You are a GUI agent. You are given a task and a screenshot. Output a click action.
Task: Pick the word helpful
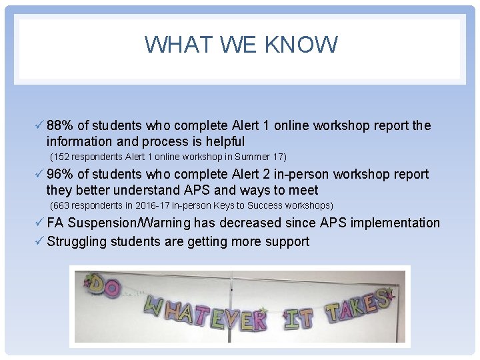[x=224, y=141]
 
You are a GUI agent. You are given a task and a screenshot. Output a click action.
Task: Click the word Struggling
[x=77, y=241]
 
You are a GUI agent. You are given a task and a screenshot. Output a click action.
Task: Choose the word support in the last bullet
[x=285, y=241]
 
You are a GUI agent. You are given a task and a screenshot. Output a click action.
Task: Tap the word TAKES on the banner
[x=357, y=306]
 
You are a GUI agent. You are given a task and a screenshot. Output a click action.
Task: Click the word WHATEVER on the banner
[x=205, y=315]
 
